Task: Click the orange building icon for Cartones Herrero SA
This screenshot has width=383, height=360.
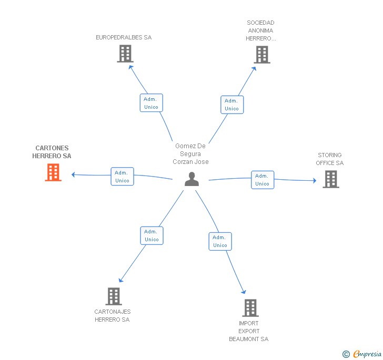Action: click(53, 172)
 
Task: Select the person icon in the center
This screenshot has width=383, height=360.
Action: click(191, 179)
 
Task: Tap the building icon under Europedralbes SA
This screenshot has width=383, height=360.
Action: click(125, 54)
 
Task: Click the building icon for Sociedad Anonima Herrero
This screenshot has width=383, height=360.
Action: click(262, 55)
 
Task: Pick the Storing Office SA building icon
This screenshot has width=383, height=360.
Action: click(331, 179)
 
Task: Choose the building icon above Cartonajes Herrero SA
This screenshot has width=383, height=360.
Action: click(114, 296)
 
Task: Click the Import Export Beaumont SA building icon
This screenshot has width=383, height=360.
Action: click(250, 308)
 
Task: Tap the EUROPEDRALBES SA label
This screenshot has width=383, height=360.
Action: click(124, 37)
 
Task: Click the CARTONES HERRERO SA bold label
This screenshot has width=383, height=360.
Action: click(52, 152)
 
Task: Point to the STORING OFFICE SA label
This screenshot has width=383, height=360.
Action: click(330, 159)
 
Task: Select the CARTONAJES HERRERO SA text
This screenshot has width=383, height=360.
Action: click(113, 315)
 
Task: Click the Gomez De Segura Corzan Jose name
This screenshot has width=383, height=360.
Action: click(190, 154)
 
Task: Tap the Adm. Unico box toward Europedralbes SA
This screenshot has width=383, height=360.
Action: click(151, 103)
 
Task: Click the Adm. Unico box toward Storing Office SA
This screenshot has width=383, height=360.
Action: click(263, 180)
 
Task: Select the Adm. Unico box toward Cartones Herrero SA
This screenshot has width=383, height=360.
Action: click(122, 177)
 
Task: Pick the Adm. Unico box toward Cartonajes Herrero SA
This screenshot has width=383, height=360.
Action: click(152, 235)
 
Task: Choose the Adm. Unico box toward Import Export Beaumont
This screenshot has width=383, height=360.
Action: click(220, 241)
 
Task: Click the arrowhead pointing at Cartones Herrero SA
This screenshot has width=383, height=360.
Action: click(73, 174)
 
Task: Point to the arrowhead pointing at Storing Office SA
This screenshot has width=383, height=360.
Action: click(315, 181)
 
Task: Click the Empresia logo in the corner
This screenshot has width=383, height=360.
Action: click(362, 354)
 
